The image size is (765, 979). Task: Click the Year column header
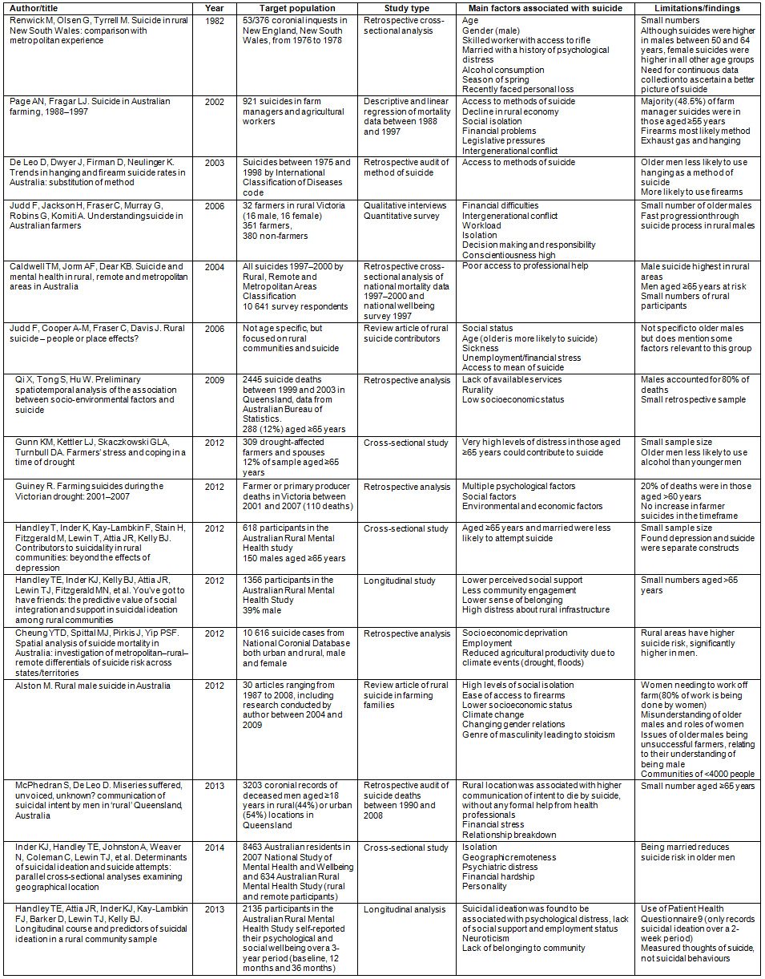click(215, 8)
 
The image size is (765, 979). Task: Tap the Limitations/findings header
click(690, 8)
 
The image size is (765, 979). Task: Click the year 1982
click(215, 19)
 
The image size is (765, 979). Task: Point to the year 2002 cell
click(215, 101)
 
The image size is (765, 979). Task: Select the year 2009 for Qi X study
click(215, 379)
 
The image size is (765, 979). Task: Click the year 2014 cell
click(215, 848)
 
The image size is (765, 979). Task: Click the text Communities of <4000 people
click(697, 774)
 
